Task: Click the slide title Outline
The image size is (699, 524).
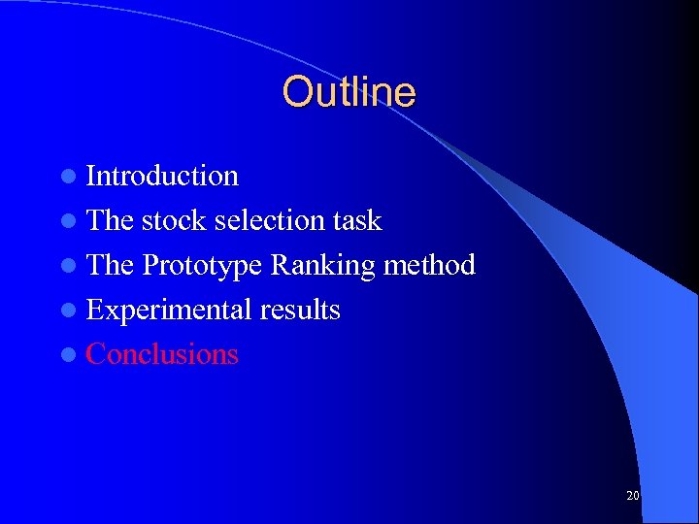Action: point(349,92)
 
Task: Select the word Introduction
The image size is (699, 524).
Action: point(162,176)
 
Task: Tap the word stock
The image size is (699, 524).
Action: point(174,220)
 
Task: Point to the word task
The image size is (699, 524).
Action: point(356,220)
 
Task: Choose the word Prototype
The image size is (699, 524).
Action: point(202,266)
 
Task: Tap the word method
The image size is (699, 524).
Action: point(429,265)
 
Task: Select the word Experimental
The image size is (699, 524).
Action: point(168,311)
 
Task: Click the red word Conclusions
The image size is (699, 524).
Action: point(162,354)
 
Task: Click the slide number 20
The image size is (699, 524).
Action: point(632,496)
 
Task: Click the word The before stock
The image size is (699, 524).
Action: point(110,220)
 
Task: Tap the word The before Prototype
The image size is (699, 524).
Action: point(110,265)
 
